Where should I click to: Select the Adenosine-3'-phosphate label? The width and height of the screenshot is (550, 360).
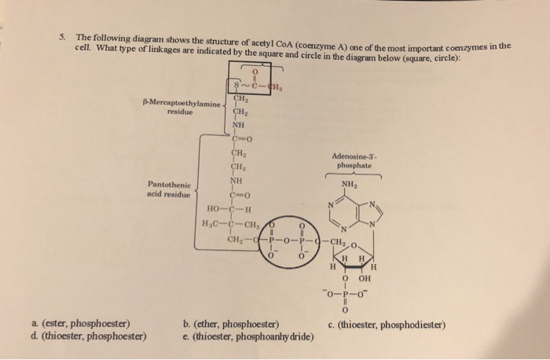pyautogui.click(x=357, y=160)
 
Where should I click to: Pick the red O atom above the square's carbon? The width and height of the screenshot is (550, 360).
pyautogui.click(x=253, y=71)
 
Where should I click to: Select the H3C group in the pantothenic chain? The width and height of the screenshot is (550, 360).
pyautogui.click(x=210, y=224)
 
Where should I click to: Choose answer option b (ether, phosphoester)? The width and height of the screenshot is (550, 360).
pyautogui.click(x=229, y=323)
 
